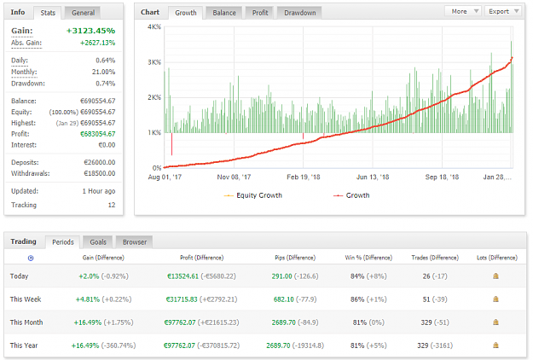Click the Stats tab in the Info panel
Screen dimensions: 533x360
coord(48,13)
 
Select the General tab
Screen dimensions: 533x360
coord(83,13)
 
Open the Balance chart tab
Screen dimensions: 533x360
coord(224,13)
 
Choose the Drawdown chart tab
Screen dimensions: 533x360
coord(300,13)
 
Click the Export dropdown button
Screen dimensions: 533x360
coord(503,11)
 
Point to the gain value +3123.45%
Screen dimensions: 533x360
coord(90,31)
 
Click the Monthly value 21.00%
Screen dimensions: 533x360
coord(103,72)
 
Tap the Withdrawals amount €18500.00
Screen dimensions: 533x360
coord(100,173)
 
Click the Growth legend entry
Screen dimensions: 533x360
coord(352,195)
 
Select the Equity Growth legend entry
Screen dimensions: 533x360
coord(253,195)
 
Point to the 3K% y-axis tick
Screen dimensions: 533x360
coord(154,62)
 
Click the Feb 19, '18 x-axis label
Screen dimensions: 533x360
coord(304,177)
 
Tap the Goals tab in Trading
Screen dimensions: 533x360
coord(98,242)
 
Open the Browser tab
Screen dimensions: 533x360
coord(135,242)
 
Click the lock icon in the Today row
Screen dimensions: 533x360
coord(496,276)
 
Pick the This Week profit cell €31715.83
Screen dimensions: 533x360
coord(182,299)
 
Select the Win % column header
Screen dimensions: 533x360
coord(368,258)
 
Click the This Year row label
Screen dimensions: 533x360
coord(24,345)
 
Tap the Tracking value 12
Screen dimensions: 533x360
coord(112,205)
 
